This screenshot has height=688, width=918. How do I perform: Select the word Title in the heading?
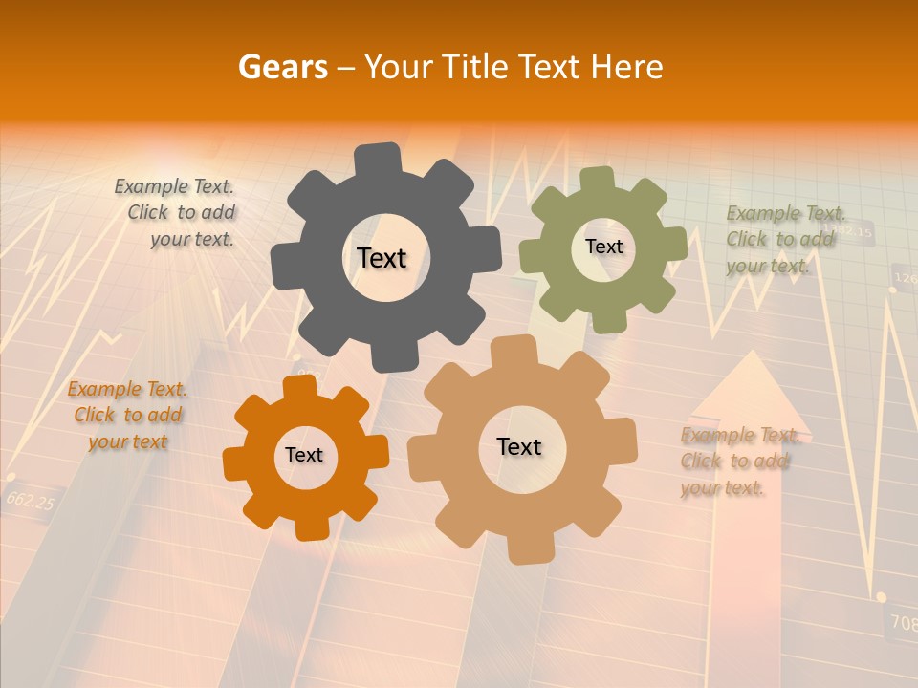coord(475,67)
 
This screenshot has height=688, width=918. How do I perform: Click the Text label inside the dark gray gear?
coord(382,258)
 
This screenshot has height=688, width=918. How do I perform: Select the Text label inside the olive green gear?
coord(603,247)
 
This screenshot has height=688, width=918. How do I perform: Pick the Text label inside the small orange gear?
coord(304,455)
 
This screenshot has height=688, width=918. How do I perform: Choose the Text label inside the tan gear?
coord(518,446)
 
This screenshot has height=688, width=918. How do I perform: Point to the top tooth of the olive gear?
coord(598,179)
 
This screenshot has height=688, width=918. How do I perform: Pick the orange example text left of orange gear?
coord(127,415)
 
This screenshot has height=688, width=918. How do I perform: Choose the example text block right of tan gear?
coord(738,462)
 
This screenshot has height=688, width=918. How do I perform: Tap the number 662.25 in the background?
coord(31,500)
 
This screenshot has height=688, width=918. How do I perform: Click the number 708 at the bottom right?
coord(903,623)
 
